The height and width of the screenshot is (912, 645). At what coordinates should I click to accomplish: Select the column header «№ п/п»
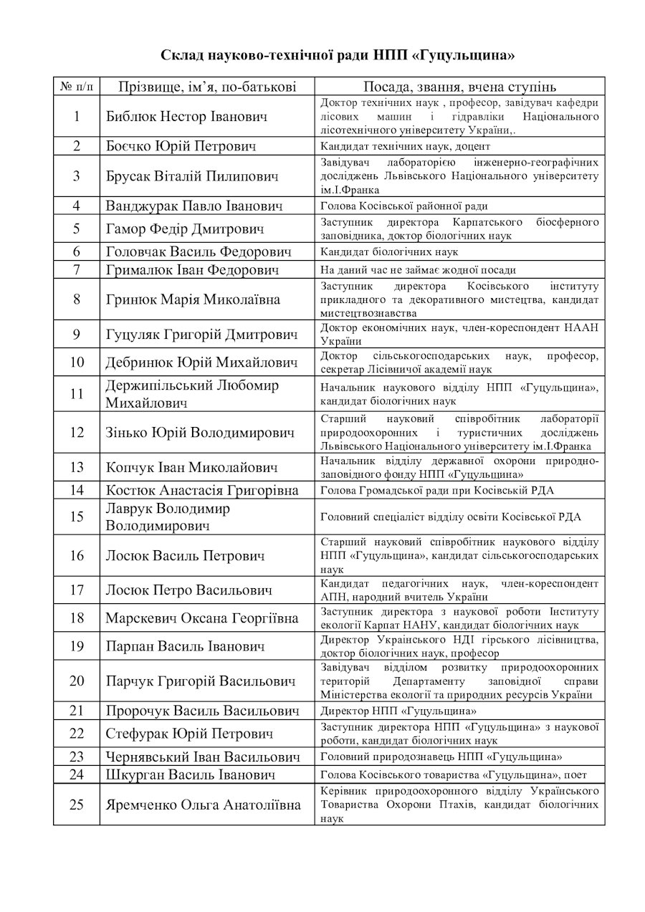77,87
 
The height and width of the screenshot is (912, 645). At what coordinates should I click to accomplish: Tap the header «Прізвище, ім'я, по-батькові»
206,87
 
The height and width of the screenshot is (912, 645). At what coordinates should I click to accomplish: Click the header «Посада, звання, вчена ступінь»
459,87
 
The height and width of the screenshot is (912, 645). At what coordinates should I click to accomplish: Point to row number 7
77,269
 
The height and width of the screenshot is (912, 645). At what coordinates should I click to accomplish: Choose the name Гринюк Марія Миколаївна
193,299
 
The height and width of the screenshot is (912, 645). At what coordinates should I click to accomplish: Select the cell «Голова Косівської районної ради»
404,206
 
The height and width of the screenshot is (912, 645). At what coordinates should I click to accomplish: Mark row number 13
77,467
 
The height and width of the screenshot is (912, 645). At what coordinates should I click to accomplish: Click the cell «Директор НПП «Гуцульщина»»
398,711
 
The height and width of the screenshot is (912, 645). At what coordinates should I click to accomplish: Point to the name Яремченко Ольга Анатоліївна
203,805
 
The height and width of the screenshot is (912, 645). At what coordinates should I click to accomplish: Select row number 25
77,805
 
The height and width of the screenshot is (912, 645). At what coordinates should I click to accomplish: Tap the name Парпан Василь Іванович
185,646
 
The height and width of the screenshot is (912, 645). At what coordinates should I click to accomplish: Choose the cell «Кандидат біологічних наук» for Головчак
389,251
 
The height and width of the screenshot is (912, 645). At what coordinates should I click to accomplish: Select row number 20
77,681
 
